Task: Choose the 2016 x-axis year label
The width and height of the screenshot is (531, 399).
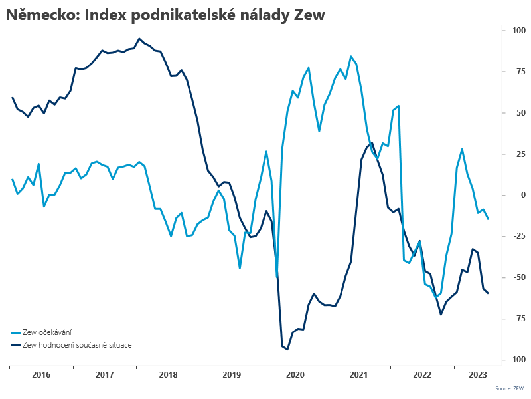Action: click(x=41, y=375)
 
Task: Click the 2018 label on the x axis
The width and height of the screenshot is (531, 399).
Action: click(x=168, y=375)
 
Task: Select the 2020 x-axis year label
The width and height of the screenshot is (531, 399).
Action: click(x=295, y=375)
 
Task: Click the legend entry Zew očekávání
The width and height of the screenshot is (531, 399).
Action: click(x=47, y=332)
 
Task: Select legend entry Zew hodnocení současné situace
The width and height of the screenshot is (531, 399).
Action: click(x=77, y=345)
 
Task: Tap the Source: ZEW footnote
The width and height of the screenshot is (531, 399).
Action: click(x=509, y=388)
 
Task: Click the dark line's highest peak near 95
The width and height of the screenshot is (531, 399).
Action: click(x=139, y=39)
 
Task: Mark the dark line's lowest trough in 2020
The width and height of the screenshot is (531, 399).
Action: click(x=287, y=349)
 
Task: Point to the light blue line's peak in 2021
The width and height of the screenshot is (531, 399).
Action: click(x=351, y=57)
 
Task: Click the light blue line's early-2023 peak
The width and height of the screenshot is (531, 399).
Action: click(x=462, y=149)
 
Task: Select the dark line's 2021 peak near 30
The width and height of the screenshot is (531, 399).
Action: click(x=372, y=143)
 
